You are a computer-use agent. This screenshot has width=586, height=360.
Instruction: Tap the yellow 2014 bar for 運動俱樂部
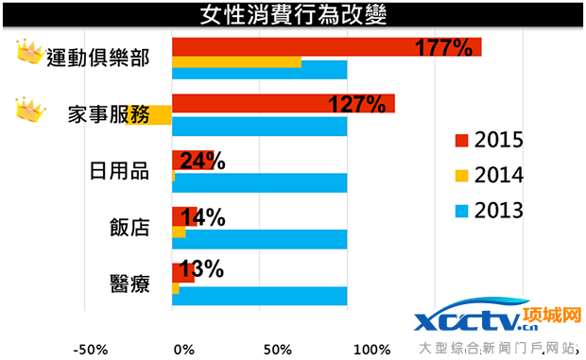point(236,62)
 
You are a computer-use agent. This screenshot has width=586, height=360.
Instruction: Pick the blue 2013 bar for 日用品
point(259,183)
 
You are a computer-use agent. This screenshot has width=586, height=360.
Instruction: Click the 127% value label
point(356,104)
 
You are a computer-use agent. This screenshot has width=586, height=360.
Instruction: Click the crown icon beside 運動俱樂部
point(31,54)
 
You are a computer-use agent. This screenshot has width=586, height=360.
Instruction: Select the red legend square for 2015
point(461,141)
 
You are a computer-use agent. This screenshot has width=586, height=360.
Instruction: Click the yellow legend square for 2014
point(461,175)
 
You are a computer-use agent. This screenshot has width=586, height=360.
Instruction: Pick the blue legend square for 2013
point(461,209)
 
